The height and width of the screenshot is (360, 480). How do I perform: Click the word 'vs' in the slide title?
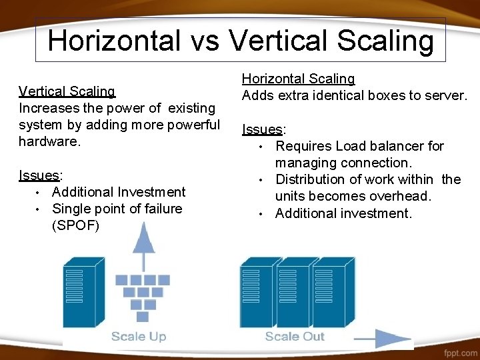tap(207, 41)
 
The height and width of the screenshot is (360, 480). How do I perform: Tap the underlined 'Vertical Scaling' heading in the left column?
tap(67, 91)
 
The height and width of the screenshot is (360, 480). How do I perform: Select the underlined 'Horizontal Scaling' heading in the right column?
tap(298, 79)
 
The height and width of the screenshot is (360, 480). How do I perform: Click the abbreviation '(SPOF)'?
tap(75, 225)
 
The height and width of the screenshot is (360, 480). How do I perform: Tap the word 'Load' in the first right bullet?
tap(351, 146)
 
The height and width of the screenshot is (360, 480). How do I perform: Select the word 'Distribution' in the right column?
tap(313, 179)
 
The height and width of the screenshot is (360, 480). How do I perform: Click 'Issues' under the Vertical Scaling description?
tap(39, 175)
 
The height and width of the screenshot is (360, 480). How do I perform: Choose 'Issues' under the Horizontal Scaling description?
tap(262, 129)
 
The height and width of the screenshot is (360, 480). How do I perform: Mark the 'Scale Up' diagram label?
tap(139, 336)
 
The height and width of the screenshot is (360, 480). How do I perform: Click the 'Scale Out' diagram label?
tap(295, 336)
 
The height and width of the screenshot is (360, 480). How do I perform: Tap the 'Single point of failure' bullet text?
tap(117, 209)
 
